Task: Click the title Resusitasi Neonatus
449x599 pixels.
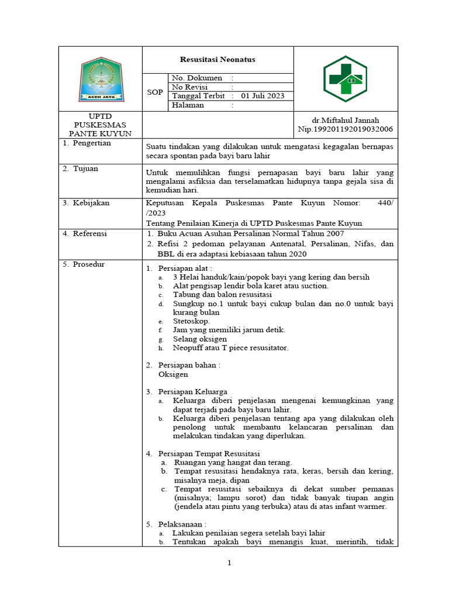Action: [x=217, y=60]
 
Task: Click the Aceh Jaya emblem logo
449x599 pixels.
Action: [x=101, y=79]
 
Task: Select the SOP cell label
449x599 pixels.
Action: [x=155, y=92]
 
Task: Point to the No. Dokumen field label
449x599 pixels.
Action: [x=197, y=78]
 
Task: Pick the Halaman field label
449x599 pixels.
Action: [x=188, y=105]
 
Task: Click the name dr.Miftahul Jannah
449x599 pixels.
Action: [x=346, y=120]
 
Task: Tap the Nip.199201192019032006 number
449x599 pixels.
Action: [x=346, y=129]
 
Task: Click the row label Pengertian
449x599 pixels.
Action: [x=92, y=143]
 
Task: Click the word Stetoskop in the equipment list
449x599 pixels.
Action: [x=191, y=321]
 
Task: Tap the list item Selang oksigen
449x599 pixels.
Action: [x=200, y=339]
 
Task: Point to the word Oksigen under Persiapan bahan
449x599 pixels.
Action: [x=173, y=374]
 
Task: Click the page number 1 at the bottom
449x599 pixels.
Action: [x=230, y=563]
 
